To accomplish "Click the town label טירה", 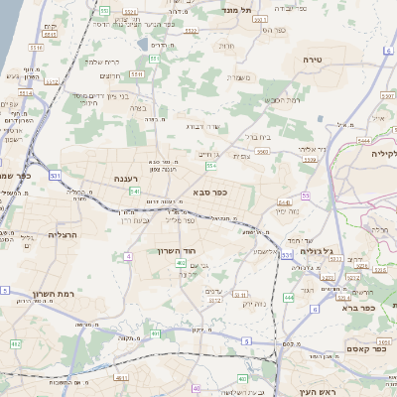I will point(314,61).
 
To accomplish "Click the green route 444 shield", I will point(289,297).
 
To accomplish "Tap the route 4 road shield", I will point(128,257).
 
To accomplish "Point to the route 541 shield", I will point(133,191).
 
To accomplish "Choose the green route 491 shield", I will point(16,343).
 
